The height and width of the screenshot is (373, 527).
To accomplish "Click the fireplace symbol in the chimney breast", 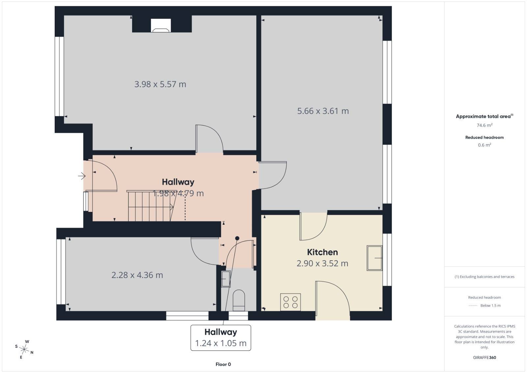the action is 161,25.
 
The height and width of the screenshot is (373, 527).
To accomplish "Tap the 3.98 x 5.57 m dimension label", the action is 160,84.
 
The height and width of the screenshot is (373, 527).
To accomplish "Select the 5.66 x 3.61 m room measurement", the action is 323,111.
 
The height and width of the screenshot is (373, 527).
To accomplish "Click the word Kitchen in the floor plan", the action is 322,252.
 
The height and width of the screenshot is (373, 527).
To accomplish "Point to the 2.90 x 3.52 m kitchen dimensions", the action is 322,263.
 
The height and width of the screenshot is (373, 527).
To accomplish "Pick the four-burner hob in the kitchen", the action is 290,302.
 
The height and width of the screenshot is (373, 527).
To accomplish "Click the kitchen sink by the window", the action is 374,258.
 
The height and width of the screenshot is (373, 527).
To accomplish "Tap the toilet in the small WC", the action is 238,301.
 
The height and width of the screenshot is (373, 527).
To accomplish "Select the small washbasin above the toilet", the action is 226,279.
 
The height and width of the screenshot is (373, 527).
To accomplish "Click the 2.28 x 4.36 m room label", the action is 137,275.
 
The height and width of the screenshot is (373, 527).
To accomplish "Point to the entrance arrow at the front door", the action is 82,176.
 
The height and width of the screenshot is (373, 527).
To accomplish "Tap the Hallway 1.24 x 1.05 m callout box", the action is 221,338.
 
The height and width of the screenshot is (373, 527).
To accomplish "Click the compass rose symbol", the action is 24,350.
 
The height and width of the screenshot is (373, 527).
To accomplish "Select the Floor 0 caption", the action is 223,364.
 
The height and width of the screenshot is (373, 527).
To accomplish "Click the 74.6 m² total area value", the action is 485,125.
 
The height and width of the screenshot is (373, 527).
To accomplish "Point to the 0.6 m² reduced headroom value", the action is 485,145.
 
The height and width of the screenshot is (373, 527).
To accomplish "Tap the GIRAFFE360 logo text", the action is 485,358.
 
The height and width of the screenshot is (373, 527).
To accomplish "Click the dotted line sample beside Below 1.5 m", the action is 473,306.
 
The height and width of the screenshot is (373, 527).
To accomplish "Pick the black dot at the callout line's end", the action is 237,238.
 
